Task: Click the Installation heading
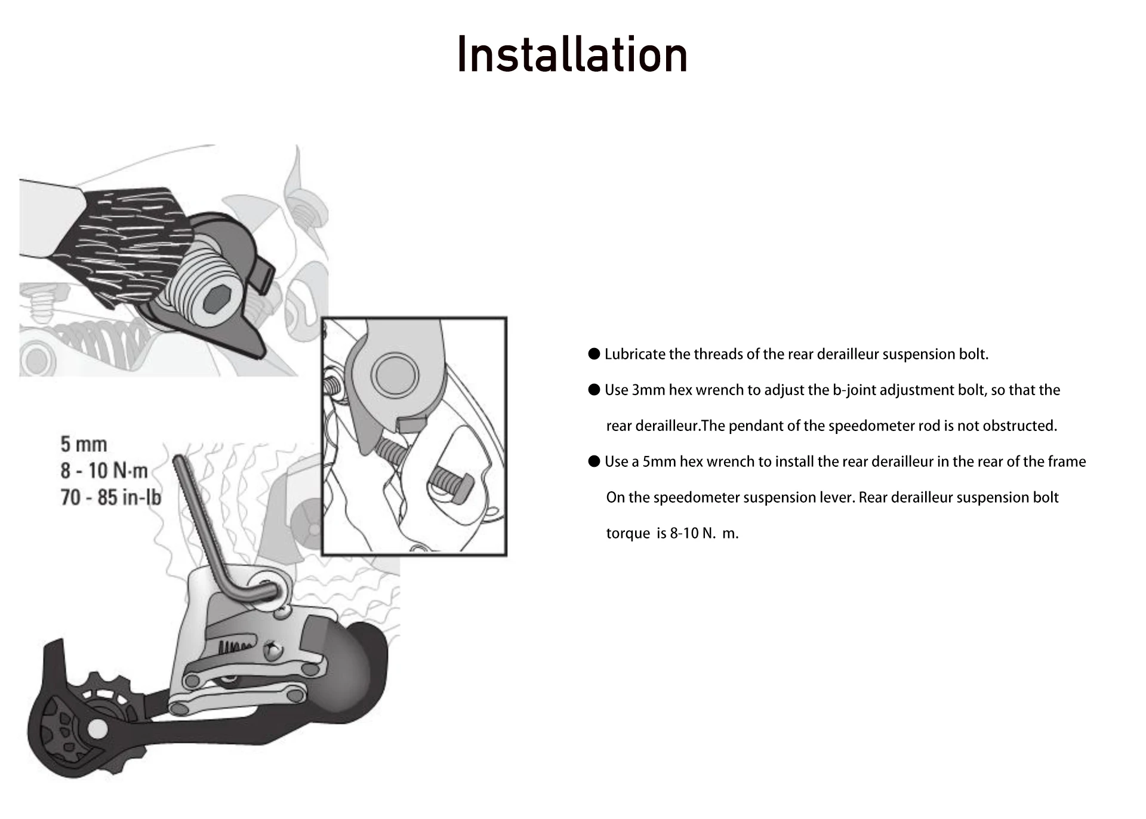click(x=572, y=55)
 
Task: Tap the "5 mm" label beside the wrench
click(x=84, y=445)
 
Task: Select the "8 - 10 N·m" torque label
click(x=104, y=471)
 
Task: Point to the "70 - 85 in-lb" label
click(x=110, y=497)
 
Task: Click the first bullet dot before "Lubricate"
click(x=594, y=354)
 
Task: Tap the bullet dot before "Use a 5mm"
click(x=594, y=461)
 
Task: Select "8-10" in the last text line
click(x=684, y=534)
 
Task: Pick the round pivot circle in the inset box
click(x=395, y=374)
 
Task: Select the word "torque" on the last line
click(x=628, y=534)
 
